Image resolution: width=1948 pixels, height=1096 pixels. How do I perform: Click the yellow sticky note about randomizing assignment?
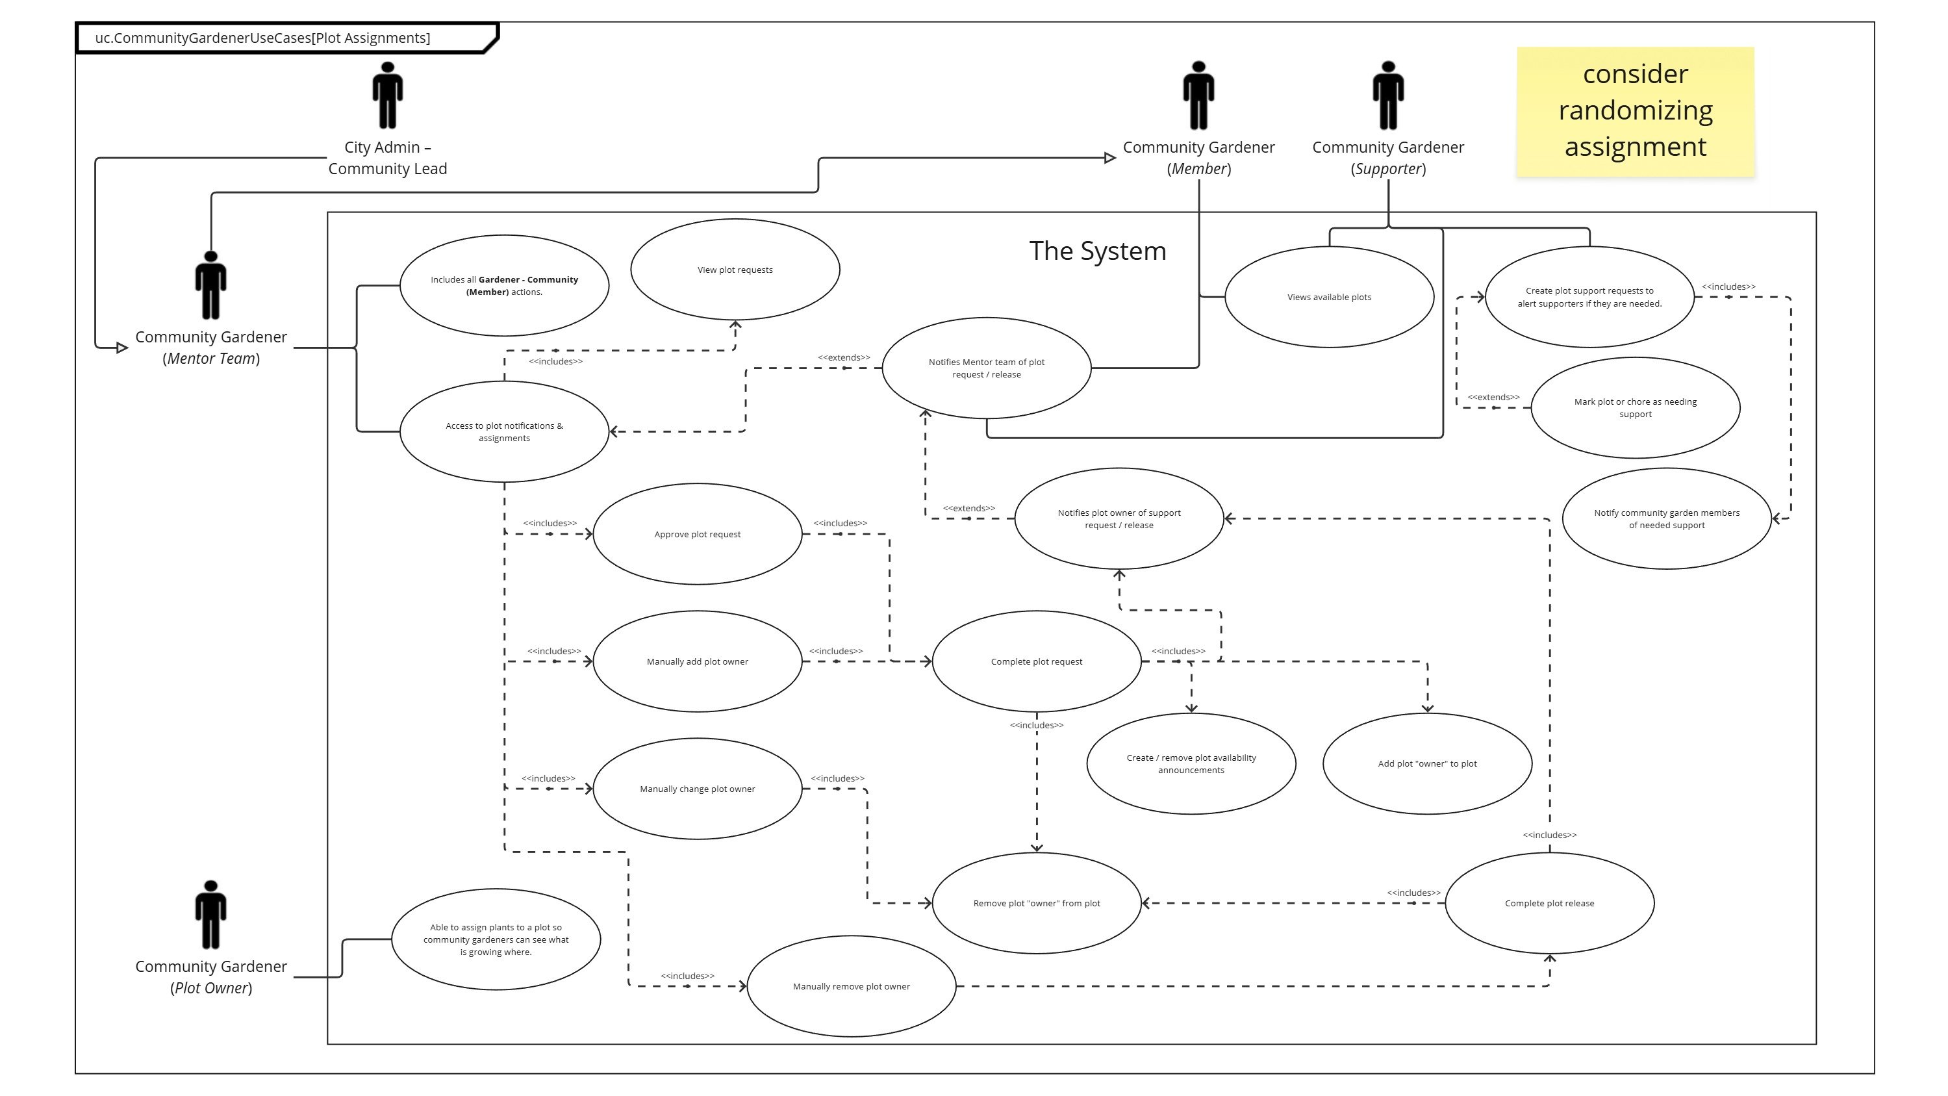click(x=1635, y=111)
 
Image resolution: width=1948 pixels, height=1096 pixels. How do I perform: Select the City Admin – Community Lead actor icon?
click(x=387, y=96)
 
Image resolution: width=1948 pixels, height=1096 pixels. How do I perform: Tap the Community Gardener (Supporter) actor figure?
click(x=1387, y=96)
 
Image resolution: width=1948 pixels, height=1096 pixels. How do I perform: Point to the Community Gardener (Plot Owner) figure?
click(x=211, y=915)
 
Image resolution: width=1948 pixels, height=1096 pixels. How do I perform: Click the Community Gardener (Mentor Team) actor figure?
click(x=211, y=285)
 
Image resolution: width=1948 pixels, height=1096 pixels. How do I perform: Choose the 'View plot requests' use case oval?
click(x=734, y=270)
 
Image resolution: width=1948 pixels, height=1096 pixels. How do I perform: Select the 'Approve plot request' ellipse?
click(x=697, y=534)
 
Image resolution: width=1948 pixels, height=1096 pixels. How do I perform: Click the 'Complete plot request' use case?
click(x=1036, y=662)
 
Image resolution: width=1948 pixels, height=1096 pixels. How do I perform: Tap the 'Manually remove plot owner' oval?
click(x=851, y=986)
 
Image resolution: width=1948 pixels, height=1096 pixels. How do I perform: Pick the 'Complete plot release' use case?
click(x=1549, y=903)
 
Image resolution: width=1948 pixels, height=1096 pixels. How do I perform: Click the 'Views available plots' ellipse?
click(x=1329, y=298)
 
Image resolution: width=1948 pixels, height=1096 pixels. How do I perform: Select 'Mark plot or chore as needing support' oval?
click(x=1635, y=408)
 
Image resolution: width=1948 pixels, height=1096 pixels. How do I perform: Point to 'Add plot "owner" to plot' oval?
click(x=1427, y=764)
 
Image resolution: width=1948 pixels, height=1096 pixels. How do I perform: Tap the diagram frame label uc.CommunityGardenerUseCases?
click(x=262, y=38)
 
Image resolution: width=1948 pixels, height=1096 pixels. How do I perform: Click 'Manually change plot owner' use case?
click(x=697, y=789)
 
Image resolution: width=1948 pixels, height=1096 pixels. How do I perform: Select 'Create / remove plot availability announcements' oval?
click(x=1191, y=764)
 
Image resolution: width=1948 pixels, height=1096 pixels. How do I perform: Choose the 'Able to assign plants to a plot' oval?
click(x=496, y=939)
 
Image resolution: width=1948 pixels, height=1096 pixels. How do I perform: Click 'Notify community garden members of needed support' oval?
click(x=1667, y=519)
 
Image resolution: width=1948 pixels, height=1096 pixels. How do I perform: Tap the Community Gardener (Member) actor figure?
click(x=1198, y=96)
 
